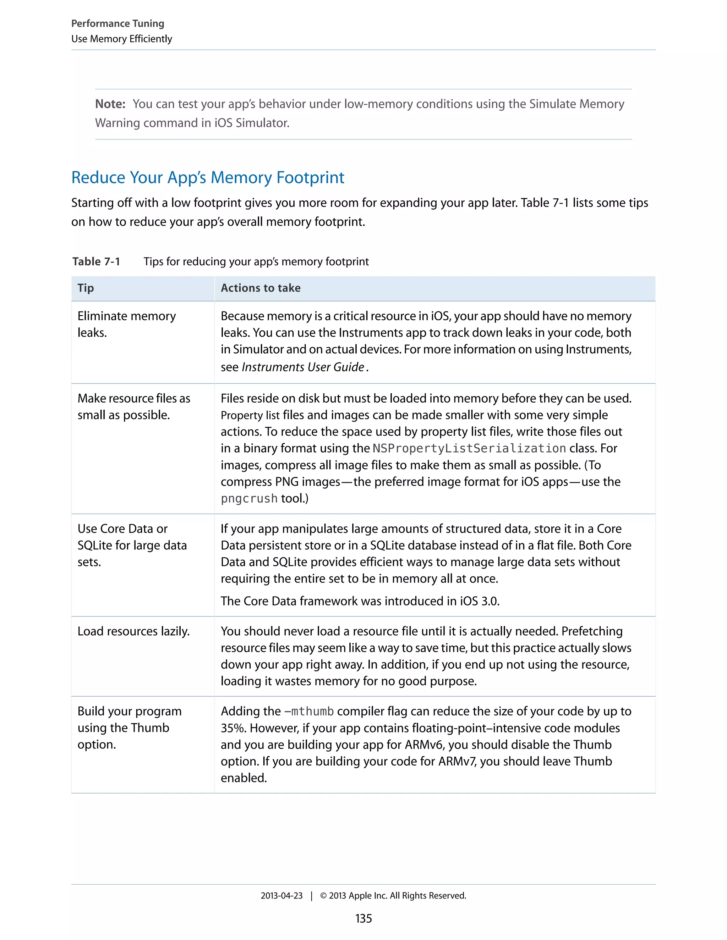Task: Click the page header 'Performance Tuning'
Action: [x=117, y=23]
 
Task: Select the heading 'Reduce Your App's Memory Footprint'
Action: [x=208, y=177]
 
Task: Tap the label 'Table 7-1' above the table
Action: [x=96, y=261]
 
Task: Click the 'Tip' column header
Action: [x=86, y=288]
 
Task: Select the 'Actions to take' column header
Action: [x=261, y=288]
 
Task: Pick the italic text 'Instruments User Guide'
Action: [x=303, y=367]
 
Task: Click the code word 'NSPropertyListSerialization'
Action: [x=469, y=448]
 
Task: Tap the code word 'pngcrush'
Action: [x=249, y=498]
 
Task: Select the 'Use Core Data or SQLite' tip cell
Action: [x=132, y=545]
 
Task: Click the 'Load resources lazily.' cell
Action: [x=133, y=631]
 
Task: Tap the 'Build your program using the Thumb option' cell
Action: [x=129, y=728]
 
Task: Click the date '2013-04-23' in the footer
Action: [x=281, y=896]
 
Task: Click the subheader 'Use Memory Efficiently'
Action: [x=121, y=39]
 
